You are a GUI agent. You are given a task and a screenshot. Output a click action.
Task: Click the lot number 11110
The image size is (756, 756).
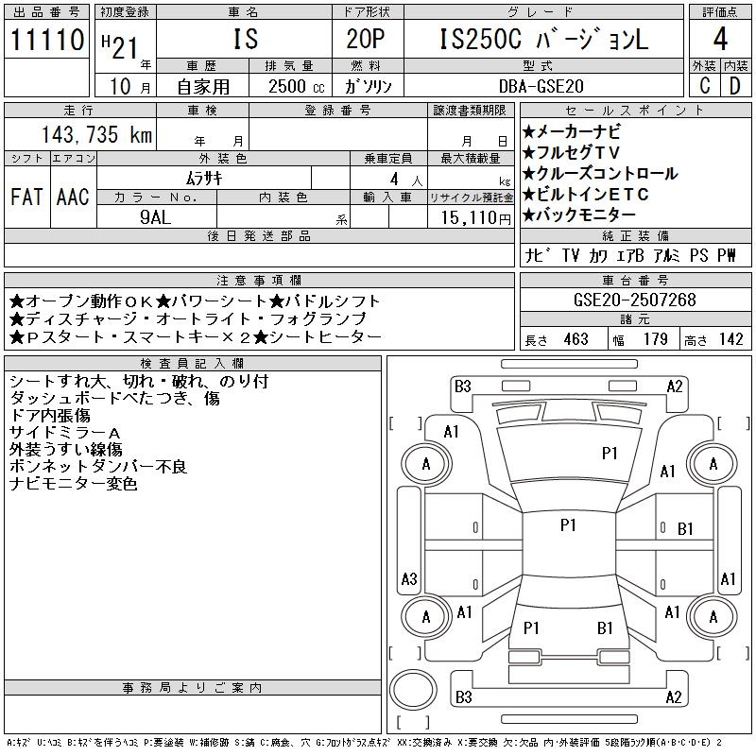[46, 41]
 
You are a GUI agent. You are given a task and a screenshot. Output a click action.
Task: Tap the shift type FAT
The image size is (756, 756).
[26, 197]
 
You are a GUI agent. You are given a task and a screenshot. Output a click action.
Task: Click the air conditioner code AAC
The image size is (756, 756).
[73, 197]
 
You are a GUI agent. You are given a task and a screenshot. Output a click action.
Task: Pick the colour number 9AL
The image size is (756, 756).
[157, 216]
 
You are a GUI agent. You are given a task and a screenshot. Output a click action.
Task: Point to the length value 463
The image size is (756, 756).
[576, 339]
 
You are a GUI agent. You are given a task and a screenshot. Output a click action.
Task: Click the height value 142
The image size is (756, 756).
[730, 339]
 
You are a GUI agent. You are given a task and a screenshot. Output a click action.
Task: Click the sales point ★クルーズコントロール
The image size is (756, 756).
[599, 173]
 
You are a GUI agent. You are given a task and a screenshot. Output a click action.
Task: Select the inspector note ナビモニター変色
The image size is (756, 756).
[74, 484]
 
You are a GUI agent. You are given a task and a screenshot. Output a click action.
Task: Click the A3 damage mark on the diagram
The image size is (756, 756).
[409, 579]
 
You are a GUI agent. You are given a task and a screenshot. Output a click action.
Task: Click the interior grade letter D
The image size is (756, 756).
[734, 86]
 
